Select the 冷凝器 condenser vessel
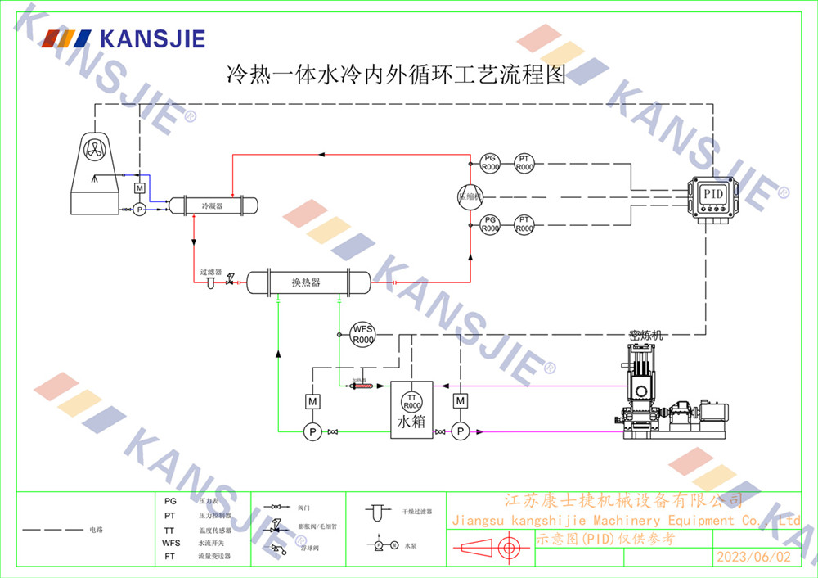pyautogui.click(x=213, y=205)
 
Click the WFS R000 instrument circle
pyautogui.click(x=362, y=334)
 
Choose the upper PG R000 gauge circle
pyautogui.click(x=489, y=162)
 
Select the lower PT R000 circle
pyautogui.click(x=524, y=224)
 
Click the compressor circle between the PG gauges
pyautogui.click(x=470, y=195)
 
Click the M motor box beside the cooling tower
pyautogui.click(x=139, y=189)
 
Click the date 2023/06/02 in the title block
pyautogui.click(x=753, y=557)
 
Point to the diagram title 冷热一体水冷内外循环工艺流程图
pyautogui.click(x=396, y=77)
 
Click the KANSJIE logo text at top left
pyautogui.click(x=151, y=38)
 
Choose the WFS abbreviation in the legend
pyautogui.click(x=171, y=543)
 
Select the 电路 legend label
pyautogui.click(x=97, y=530)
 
